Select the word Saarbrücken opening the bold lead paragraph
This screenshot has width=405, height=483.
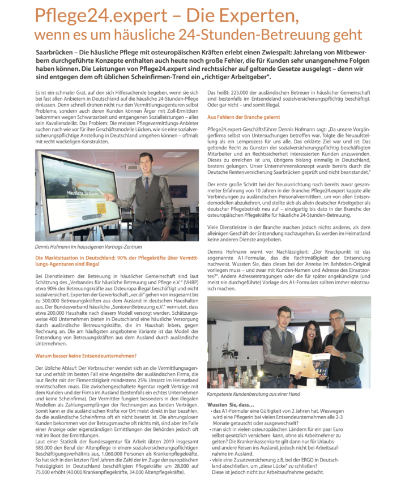coord(49,52)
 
